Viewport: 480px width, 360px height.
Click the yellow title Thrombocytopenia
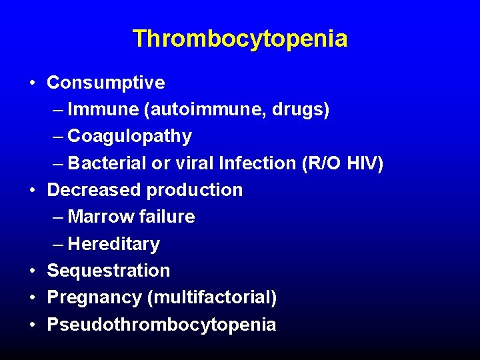[239, 39]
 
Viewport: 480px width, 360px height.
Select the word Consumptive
[105, 83]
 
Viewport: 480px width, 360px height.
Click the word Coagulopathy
[130, 137]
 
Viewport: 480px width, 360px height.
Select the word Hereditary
[114, 245]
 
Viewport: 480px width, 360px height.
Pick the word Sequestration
[109, 271]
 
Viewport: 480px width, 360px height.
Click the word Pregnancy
[95, 298]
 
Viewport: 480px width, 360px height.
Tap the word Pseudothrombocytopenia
[161, 325]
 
